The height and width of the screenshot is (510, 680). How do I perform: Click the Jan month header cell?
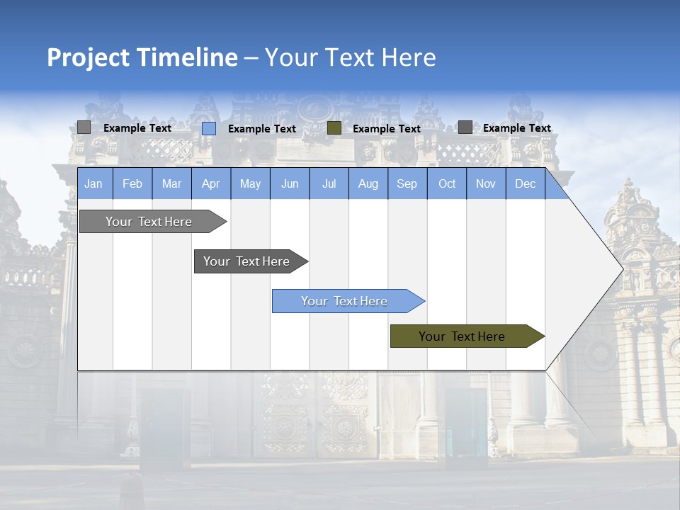pos(93,183)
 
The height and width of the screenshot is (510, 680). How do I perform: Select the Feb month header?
pos(132,183)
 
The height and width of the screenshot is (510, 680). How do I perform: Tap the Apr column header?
pos(210,183)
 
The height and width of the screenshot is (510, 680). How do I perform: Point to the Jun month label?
pos(290,183)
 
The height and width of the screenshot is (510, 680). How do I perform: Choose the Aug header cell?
pos(368,183)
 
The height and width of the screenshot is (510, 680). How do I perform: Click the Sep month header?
pos(407,183)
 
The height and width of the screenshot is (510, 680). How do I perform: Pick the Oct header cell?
pos(447,183)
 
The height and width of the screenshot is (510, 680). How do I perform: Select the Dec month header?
pos(525,183)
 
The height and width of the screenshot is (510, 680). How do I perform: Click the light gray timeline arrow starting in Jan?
pos(149,222)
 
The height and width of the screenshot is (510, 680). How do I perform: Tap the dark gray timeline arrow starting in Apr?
pos(246,261)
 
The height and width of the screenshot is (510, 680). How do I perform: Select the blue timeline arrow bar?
pos(344,301)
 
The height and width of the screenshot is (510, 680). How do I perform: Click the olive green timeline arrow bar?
pos(462,336)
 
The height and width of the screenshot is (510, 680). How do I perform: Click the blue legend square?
pos(209,128)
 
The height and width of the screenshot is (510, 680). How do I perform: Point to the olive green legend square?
pos(334,128)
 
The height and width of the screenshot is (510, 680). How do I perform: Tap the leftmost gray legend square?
pos(84,127)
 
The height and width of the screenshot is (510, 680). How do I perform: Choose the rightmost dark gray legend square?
pos(465,127)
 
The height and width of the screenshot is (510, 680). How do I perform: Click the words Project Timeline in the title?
pos(142,57)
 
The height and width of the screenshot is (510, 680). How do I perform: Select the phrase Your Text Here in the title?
pos(350,57)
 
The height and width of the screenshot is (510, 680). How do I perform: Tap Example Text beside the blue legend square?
pos(262,129)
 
